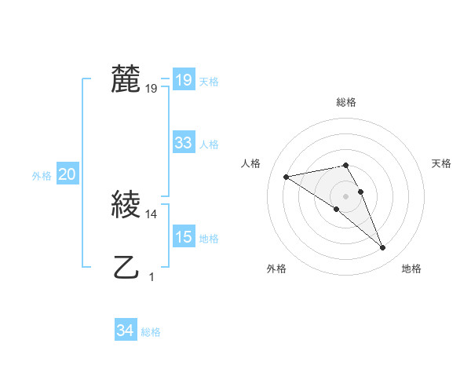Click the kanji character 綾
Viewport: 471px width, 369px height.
click(x=126, y=205)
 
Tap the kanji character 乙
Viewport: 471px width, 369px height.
click(x=126, y=268)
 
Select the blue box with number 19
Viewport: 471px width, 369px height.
click(x=183, y=80)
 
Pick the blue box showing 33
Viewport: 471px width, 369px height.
click(x=183, y=143)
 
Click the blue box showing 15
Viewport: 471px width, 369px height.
click(x=183, y=237)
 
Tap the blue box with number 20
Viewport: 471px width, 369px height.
click(x=67, y=175)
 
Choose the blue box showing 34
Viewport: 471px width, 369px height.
click(x=125, y=331)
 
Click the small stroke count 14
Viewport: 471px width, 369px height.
click(x=152, y=214)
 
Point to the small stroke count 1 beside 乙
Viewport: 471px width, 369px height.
click(x=152, y=276)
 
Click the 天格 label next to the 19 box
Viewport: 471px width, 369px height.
click(x=209, y=82)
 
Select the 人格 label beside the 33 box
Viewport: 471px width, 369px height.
click(x=209, y=144)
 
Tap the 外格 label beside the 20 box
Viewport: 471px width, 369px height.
click(x=42, y=177)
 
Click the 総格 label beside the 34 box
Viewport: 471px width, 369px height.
click(x=151, y=333)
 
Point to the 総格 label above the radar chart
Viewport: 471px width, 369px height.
click(x=346, y=102)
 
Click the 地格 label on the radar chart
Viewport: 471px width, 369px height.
click(x=411, y=269)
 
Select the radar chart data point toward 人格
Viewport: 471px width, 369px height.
click(x=287, y=177)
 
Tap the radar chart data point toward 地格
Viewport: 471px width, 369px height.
click(x=383, y=248)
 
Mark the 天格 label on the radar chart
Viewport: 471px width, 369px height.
click(x=441, y=163)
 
